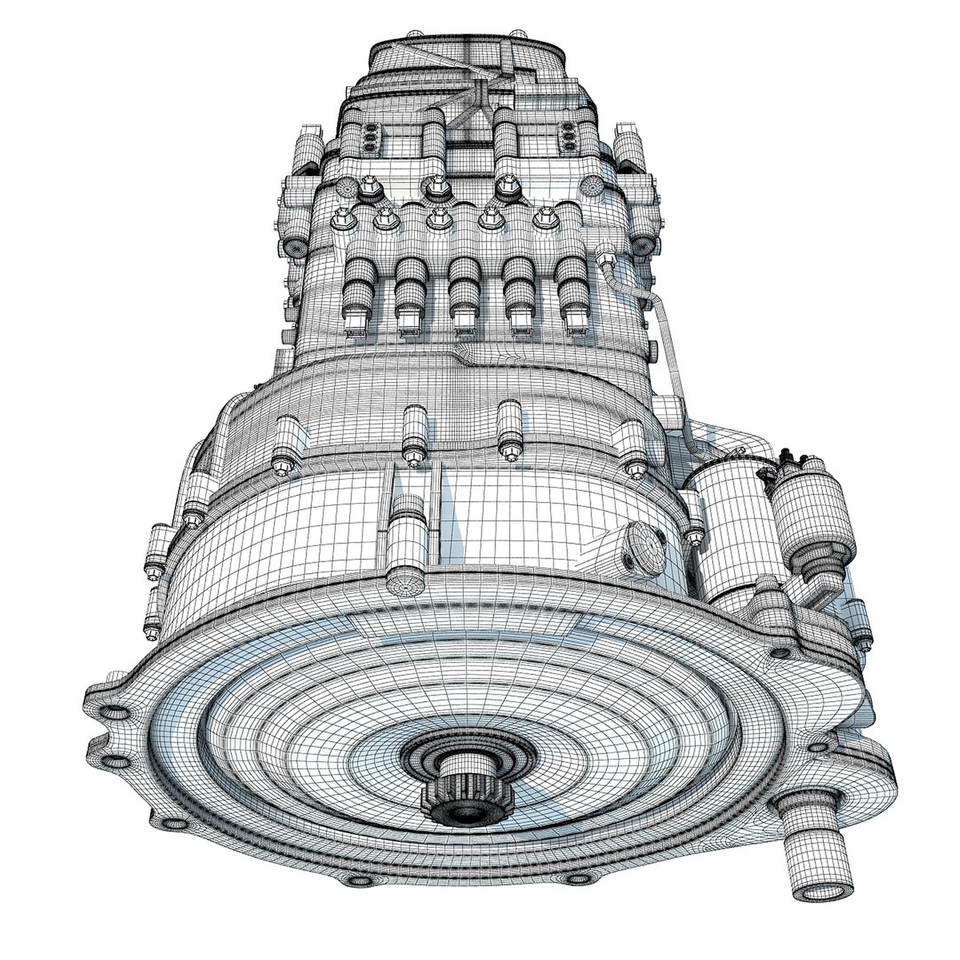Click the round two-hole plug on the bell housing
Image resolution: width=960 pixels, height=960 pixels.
click(x=644, y=548)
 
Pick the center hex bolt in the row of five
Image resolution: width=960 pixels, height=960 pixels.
click(x=437, y=218)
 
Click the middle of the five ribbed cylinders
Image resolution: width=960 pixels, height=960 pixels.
click(x=463, y=293)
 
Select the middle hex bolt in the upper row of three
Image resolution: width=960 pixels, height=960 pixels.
click(x=436, y=187)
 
